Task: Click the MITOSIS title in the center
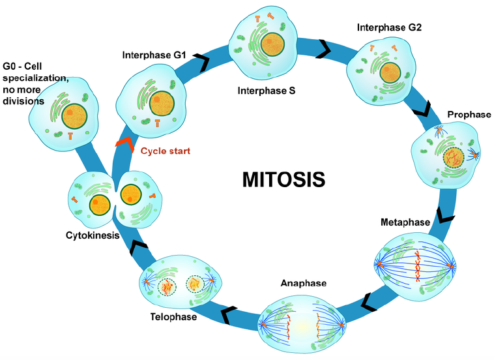[283, 179]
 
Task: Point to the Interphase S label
[266, 91]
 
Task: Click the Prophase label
[469, 115]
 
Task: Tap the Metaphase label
[405, 222]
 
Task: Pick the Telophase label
[168, 318]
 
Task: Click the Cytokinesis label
[92, 235]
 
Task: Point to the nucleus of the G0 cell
[76, 116]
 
